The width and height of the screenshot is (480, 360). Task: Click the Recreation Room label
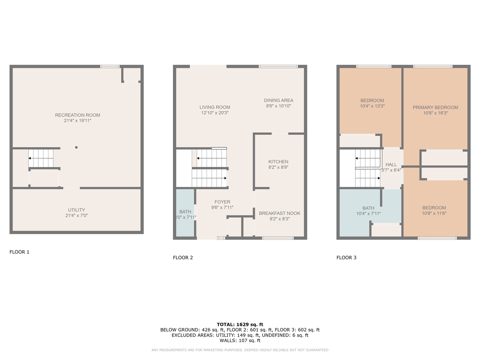[77, 115]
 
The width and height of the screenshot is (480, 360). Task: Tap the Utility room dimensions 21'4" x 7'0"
[76, 216]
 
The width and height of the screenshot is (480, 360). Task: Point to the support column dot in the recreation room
[76, 147]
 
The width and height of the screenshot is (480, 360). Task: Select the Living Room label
[215, 107]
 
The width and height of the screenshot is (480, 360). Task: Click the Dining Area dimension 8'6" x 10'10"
[278, 106]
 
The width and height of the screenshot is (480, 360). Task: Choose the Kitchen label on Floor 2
[278, 162]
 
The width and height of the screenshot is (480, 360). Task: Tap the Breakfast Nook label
[279, 213]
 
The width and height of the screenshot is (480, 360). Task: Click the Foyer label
[222, 202]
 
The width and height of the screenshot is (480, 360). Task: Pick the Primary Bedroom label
[435, 107]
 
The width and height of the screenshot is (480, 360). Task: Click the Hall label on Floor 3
[391, 164]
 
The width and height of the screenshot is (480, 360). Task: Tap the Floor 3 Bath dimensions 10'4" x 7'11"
[368, 214]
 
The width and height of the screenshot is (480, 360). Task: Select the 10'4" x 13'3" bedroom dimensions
[372, 106]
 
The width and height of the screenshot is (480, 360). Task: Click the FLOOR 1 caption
[19, 252]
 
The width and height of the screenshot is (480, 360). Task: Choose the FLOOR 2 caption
[183, 258]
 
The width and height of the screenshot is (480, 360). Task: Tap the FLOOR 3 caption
[346, 258]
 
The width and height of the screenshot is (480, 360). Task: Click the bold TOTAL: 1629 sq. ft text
[240, 324]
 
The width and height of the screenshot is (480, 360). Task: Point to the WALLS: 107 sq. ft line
[240, 340]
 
